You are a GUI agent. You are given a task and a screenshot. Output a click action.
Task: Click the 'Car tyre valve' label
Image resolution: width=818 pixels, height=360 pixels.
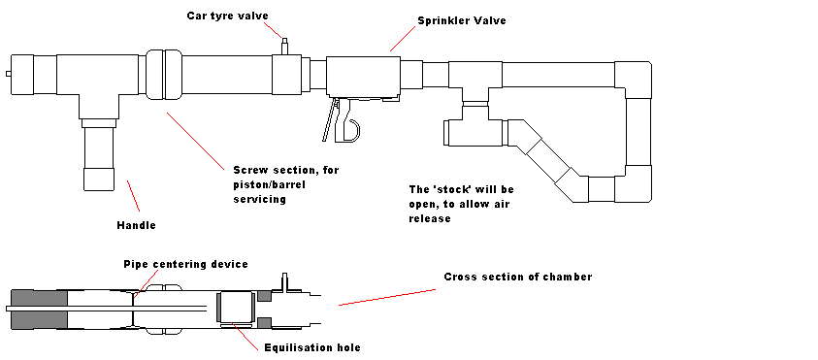(x=227, y=16)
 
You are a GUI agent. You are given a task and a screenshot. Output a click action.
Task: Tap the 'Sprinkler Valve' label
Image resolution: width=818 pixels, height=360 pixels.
(x=462, y=21)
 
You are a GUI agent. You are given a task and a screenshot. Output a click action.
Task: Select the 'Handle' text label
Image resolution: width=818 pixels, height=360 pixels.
(x=136, y=225)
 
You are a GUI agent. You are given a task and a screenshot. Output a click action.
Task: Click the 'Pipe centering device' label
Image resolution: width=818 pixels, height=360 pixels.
(x=185, y=264)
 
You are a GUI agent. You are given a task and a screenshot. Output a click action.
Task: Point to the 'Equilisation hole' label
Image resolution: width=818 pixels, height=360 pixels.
(x=312, y=347)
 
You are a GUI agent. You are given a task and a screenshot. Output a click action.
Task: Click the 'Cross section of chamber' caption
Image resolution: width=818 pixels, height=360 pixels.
(x=518, y=277)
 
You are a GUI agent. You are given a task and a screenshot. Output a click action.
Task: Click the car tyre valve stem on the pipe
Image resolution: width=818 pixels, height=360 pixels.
(x=285, y=46)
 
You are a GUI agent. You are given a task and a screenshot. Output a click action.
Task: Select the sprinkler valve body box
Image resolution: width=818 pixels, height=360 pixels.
(x=363, y=77)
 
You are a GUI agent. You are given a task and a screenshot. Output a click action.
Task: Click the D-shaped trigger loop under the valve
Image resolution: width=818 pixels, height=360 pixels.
(x=350, y=130)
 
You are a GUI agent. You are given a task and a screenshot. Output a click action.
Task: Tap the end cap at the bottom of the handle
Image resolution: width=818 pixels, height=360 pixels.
(x=99, y=179)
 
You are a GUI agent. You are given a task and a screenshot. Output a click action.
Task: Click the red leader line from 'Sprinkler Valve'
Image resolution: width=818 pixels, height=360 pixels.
(x=403, y=39)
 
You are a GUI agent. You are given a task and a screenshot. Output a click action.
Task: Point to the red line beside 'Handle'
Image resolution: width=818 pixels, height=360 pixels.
(x=134, y=196)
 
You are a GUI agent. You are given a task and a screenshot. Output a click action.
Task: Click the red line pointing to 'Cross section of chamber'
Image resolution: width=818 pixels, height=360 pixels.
(x=387, y=297)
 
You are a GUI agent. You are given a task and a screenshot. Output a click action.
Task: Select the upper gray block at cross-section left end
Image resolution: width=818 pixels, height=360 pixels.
(x=40, y=297)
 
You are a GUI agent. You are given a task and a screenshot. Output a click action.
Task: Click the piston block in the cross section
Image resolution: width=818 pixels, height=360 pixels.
(x=236, y=308)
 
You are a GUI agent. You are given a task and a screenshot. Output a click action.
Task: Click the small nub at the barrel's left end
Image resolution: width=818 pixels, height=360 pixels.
(x=9, y=74)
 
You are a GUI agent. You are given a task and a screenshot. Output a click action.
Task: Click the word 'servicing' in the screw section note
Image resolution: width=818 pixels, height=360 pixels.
(x=259, y=199)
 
